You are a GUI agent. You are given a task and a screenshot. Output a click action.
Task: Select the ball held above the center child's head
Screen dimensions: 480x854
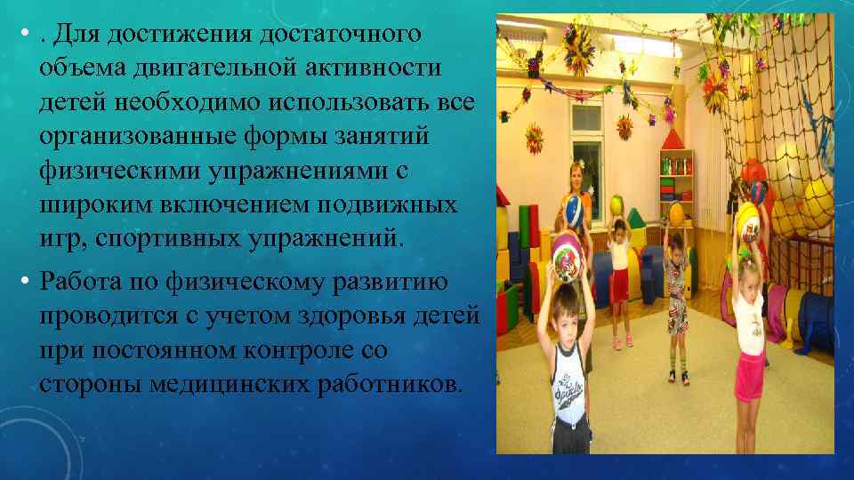tap(677, 212)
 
